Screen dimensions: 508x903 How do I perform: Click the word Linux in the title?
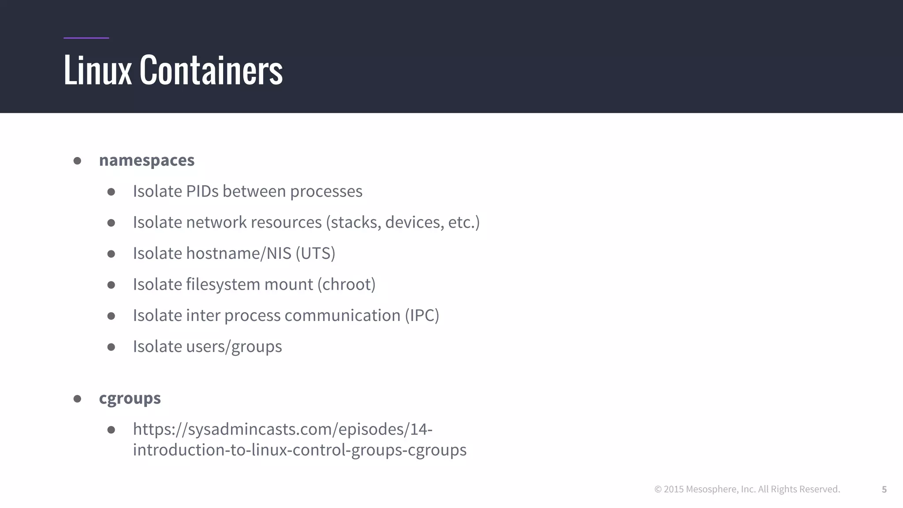pos(97,70)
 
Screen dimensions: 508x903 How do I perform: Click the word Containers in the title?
pos(211,70)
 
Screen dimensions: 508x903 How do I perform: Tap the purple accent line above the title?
pos(86,38)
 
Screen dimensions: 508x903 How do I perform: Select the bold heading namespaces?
pos(146,160)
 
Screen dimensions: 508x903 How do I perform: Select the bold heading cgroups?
pos(130,398)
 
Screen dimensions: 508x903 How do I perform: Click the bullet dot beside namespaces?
pos(77,161)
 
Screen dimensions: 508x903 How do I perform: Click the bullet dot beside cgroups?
pos(77,399)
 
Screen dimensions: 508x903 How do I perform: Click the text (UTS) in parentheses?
pos(315,254)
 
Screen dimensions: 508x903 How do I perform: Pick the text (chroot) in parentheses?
pos(347,284)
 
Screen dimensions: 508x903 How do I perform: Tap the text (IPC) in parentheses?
pos(422,316)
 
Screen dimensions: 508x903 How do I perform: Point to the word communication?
pos(342,316)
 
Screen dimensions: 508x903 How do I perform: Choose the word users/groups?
pos(234,347)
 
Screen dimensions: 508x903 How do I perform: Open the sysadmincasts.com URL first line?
pos(283,429)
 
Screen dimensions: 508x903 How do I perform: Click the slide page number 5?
pos(884,489)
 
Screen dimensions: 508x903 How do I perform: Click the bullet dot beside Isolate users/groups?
pos(111,347)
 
